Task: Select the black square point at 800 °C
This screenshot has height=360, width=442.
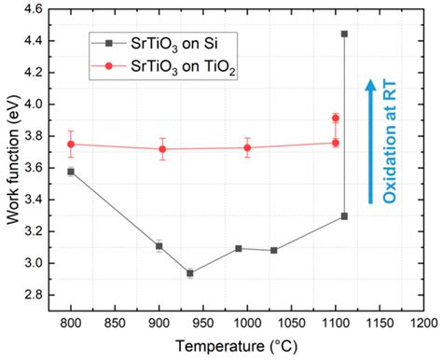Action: pyautogui.click(x=71, y=172)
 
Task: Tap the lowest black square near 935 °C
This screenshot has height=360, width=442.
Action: pyautogui.click(x=190, y=273)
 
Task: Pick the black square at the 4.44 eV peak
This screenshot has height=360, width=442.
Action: pyautogui.click(x=345, y=34)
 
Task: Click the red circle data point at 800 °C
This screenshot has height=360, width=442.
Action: pyautogui.click(x=71, y=144)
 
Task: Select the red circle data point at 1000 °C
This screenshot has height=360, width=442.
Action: pyautogui.click(x=247, y=147)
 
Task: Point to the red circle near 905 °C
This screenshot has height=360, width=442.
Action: pyautogui.click(x=163, y=148)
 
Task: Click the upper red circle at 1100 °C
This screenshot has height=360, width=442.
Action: pyautogui.click(x=336, y=118)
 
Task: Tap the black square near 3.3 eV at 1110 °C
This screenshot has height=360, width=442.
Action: pyautogui.click(x=345, y=216)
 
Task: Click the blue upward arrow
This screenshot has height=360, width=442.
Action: pyautogui.click(x=369, y=140)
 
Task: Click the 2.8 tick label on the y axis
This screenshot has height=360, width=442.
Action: pyautogui.click(x=38, y=295)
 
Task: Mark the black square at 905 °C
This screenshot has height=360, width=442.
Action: pyautogui.click(x=159, y=246)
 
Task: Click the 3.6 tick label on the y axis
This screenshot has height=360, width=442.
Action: pyautogui.click(x=38, y=168)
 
